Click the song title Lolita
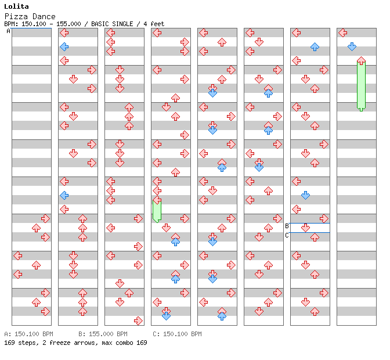(16, 6)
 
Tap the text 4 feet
(153, 24)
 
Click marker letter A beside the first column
(8, 31)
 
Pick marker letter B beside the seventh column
(287, 226)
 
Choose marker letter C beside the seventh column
(287, 235)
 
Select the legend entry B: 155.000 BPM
(103, 334)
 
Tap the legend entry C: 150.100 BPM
(177, 334)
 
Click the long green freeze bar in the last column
(361, 85)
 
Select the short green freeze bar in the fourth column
(157, 210)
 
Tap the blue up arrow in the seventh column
(315, 46)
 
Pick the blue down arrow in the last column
(352, 46)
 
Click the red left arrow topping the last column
(343, 33)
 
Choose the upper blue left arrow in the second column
(64, 46)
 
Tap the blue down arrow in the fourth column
(166, 316)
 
